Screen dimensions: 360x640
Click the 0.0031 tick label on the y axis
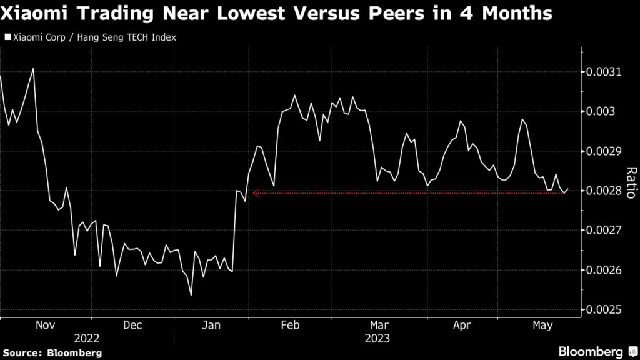coord(604,72)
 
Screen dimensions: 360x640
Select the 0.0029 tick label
coord(604,151)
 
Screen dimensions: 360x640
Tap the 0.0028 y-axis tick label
coord(604,191)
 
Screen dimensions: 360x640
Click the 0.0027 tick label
coord(604,230)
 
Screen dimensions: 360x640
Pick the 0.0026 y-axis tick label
coord(604,270)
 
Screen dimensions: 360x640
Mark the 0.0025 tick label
coord(604,309)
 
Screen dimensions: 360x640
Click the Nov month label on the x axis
coord(46,326)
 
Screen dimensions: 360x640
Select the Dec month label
coord(132,326)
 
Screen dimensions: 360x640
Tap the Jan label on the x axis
coord(212,326)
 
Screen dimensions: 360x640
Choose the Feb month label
coord(291,326)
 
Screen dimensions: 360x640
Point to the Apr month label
coord(461,326)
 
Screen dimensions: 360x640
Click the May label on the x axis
coord(542,326)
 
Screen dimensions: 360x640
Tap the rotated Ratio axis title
coord(631,182)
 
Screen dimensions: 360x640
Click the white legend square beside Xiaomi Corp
coord(7,37)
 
